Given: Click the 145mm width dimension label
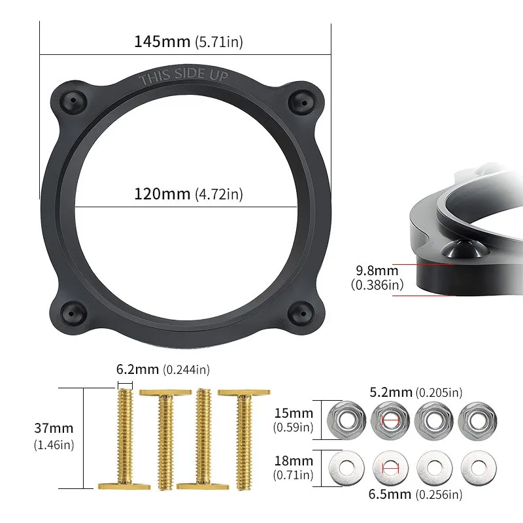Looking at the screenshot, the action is pyautogui.click(x=188, y=42).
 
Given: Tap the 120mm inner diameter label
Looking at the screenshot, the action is pyautogui.click(x=188, y=194).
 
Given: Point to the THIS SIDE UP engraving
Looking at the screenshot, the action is pyautogui.click(x=184, y=76).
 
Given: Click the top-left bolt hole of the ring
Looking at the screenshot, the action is pyautogui.click(x=73, y=101).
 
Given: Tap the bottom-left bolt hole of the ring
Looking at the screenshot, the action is pyautogui.click(x=73, y=313).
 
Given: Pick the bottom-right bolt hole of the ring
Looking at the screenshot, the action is pyautogui.click(x=301, y=313).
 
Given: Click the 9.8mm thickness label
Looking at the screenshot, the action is pyautogui.click(x=377, y=277).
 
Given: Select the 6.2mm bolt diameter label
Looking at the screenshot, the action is pyautogui.click(x=163, y=369).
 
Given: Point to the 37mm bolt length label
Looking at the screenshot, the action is pyautogui.click(x=54, y=436).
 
